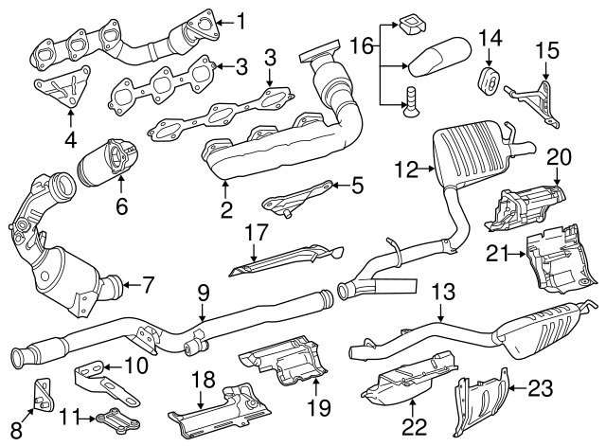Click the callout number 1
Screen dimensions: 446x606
[241, 18]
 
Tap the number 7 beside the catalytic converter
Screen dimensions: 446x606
[149, 282]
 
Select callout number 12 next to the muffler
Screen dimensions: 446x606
[405, 170]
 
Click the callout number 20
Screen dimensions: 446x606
[559, 155]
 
